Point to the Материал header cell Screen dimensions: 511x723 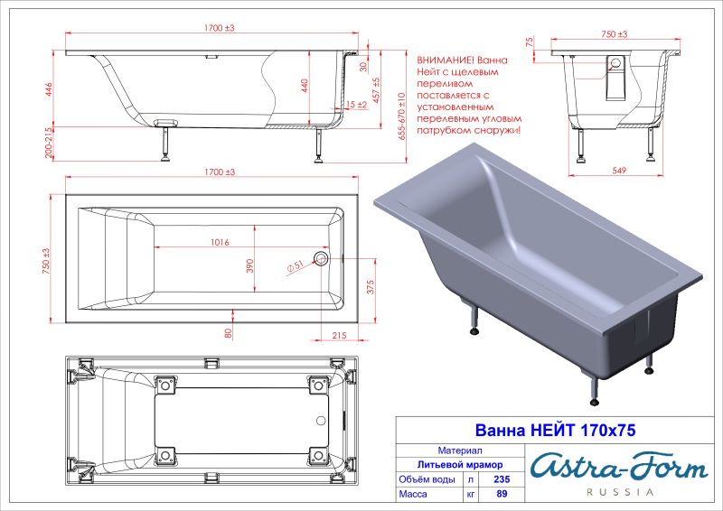pyautogui.click(x=459, y=449)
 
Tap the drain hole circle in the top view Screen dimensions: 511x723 pyautogui.click(x=321, y=259)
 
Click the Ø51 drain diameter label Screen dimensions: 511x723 pyautogui.click(x=295, y=266)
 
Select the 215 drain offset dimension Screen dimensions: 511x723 pyautogui.click(x=339, y=335)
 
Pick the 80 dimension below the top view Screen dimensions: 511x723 pyautogui.click(x=229, y=331)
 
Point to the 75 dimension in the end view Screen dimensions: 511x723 pyautogui.click(x=529, y=42)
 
